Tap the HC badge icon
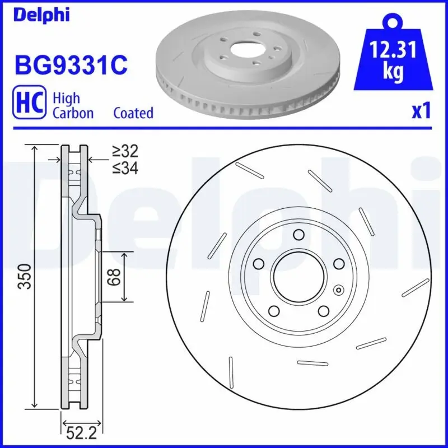29,105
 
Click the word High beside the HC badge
66,98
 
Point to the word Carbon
73,113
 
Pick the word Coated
133,113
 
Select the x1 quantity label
421,111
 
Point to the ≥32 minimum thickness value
124,151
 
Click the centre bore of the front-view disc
298,277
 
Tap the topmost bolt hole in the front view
298,234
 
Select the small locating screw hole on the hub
338,290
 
